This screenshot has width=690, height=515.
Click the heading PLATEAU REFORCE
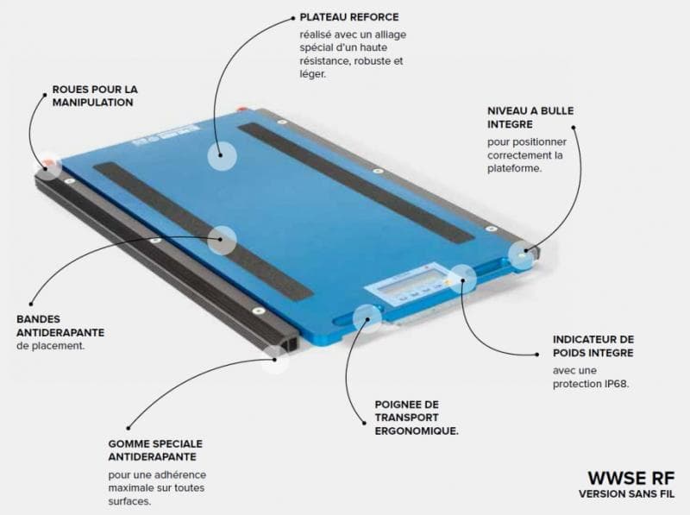point(349,17)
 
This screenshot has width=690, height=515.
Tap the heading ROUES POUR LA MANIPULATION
point(95,96)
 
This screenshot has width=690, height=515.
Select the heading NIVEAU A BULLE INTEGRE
point(530,117)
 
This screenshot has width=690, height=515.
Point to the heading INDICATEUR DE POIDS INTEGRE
point(593,346)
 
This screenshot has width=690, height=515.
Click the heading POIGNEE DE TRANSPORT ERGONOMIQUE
point(417,418)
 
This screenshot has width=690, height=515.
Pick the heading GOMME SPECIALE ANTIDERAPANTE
point(155,450)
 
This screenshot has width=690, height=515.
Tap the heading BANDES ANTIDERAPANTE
point(60,326)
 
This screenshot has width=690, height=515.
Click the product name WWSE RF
point(631,478)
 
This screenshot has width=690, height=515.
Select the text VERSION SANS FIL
point(627,494)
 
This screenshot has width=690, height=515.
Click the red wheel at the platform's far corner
point(241,108)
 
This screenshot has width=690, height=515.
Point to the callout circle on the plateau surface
point(222,155)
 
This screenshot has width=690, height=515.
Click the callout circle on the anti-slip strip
point(222,240)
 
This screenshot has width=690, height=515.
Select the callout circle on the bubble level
point(523,255)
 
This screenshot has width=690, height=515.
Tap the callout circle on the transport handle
point(367,318)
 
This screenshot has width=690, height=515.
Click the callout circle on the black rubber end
point(275,359)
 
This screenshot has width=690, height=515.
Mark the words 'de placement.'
point(50,346)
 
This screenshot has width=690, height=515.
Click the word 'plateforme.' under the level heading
point(514,168)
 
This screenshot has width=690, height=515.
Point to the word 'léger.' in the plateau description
point(313,74)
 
